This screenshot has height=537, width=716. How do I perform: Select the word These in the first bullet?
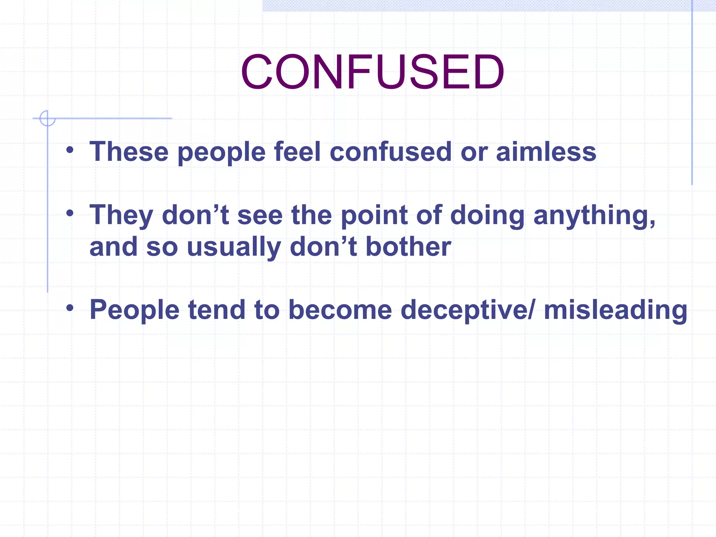click(x=129, y=152)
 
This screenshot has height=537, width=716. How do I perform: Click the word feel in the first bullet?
click(x=297, y=152)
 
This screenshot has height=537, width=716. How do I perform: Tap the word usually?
click(x=234, y=247)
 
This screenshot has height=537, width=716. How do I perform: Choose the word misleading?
click(x=615, y=310)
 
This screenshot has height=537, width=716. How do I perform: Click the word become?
click(x=340, y=310)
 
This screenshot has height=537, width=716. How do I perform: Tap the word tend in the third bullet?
click(x=217, y=310)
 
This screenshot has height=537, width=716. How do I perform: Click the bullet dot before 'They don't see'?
click(x=70, y=213)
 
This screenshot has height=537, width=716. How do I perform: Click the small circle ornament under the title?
click(x=47, y=118)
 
